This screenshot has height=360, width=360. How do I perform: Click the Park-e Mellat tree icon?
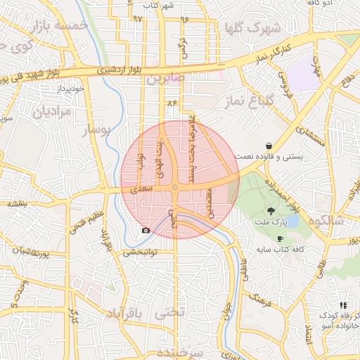(271, 210)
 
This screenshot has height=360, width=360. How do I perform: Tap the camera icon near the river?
(146, 230)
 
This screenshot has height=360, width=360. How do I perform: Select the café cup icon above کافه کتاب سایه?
(281, 238)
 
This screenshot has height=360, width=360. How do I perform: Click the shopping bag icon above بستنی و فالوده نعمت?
(269, 146)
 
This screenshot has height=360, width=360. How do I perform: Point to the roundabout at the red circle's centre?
(174, 187)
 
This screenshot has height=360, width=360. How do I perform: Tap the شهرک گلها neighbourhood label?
(250, 28)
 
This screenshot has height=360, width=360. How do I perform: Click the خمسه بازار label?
(59, 25)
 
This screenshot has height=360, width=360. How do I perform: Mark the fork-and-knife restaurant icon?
(343, 305)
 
